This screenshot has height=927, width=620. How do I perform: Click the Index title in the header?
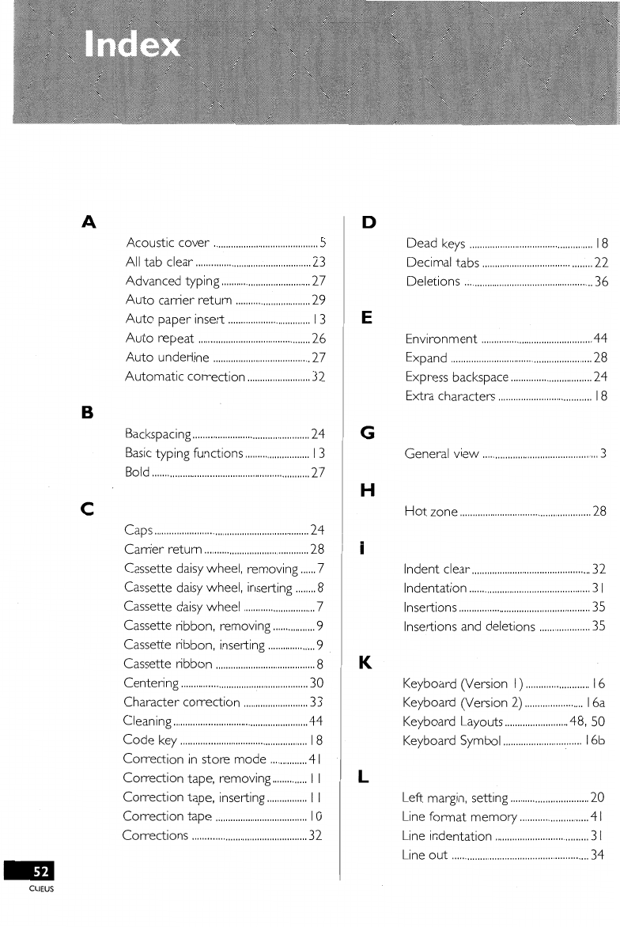(x=134, y=45)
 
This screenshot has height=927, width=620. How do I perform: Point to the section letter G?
(x=367, y=433)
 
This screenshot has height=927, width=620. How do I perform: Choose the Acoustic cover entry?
(x=168, y=243)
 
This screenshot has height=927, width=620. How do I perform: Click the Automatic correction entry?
(x=185, y=376)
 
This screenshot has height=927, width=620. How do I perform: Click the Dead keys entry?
(x=434, y=243)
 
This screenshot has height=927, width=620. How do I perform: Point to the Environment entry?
(x=440, y=339)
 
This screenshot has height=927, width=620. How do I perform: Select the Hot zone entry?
(x=430, y=511)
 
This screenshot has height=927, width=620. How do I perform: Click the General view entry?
(x=441, y=453)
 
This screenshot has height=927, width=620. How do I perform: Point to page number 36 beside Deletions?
(x=599, y=281)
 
